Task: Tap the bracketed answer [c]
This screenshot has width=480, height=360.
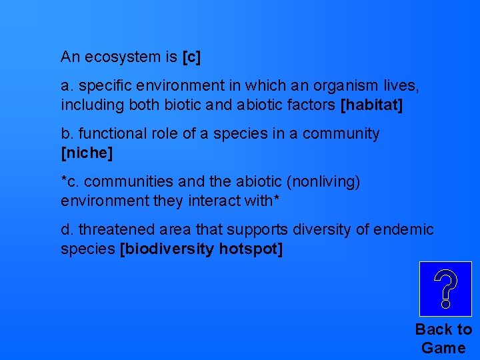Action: [x=191, y=57]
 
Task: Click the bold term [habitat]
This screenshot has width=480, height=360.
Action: [x=371, y=105]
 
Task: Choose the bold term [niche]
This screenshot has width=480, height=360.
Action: [x=87, y=153]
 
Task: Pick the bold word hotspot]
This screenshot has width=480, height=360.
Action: [x=251, y=249]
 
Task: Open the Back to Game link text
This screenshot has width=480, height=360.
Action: [x=443, y=339]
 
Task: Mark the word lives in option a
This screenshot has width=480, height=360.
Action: [x=402, y=86]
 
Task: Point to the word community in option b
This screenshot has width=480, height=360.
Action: [x=341, y=134]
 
